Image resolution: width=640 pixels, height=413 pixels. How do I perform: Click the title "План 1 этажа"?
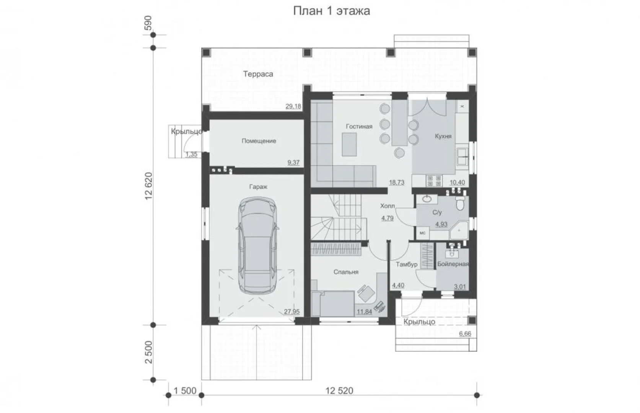click(332, 11)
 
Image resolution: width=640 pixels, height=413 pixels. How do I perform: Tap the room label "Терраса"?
click(258, 74)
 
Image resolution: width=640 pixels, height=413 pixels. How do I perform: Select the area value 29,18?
click(293, 106)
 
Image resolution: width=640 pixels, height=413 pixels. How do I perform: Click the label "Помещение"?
click(259, 141)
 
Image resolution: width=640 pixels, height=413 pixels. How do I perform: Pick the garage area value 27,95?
click(292, 312)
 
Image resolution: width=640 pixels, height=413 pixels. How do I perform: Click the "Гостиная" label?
click(359, 126)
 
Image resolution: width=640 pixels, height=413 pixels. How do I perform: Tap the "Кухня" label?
click(443, 136)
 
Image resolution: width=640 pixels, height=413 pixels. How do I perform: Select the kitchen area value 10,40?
click(458, 182)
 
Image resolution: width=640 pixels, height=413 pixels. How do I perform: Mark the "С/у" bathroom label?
click(437, 213)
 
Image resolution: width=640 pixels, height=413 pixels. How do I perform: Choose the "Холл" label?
click(388, 206)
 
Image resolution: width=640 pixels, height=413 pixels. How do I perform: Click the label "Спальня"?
click(346, 272)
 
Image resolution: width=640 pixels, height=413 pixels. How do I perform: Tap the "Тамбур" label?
click(407, 265)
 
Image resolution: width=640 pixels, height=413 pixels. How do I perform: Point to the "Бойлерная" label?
click(453, 264)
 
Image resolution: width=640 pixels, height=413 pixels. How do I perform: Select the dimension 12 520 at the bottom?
click(339, 391)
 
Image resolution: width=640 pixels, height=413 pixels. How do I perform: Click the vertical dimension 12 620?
click(149, 186)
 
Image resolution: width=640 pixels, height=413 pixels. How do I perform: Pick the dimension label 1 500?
click(185, 391)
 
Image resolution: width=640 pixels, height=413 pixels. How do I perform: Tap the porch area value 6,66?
click(465, 333)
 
